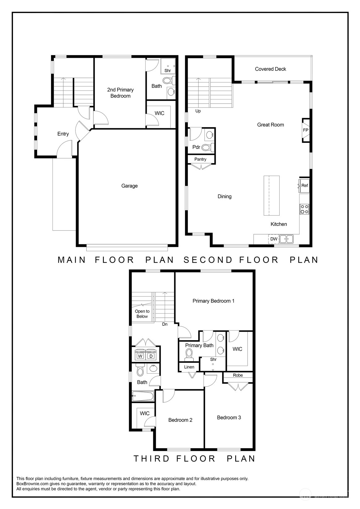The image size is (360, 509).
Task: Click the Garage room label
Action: [x=129, y=186]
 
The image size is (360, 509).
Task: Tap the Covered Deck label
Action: [x=270, y=69]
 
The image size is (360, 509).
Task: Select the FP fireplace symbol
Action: [x=306, y=130]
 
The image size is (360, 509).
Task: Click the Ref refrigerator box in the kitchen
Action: [x=304, y=186]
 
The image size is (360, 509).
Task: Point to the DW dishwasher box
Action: [x=274, y=239]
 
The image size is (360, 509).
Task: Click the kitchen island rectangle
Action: [x=272, y=195]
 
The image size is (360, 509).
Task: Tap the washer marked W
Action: [x=140, y=356]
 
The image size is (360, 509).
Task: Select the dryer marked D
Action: [x=151, y=356]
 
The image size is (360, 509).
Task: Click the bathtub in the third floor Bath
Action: [x=143, y=396]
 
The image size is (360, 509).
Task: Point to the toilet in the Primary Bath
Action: [x=189, y=354]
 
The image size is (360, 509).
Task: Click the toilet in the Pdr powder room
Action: [x=207, y=147]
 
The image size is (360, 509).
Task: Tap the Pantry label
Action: [x=200, y=159]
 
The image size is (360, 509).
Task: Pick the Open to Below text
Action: [x=142, y=314]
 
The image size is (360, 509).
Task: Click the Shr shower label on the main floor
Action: [x=167, y=71]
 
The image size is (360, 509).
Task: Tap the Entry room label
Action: [x=63, y=134]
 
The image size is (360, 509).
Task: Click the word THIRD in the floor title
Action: [x=152, y=459]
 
